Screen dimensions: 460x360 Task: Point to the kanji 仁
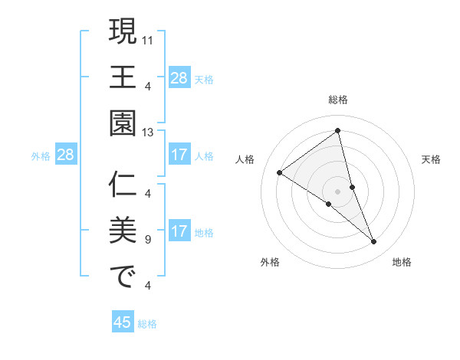(123, 185)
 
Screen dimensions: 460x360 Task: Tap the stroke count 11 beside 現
(148, 38)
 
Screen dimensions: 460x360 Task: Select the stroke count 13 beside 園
(148, 132)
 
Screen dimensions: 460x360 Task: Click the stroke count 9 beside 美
(147, 240)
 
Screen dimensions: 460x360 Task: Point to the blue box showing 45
(123, 322)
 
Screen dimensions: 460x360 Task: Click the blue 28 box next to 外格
(66, 155)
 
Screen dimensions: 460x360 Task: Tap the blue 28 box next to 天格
(179, 77)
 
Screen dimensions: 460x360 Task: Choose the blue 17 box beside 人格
(179, 155)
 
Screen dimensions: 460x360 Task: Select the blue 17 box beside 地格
(179, 232)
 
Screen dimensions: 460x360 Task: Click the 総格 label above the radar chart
(338, 100)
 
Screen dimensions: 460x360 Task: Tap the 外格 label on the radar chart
(270, 262)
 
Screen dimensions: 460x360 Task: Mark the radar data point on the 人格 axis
(280, 173)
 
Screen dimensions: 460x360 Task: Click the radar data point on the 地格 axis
(374, 242)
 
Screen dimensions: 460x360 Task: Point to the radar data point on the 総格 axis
(338, 130)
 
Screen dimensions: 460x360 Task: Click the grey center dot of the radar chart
(338, 191)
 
